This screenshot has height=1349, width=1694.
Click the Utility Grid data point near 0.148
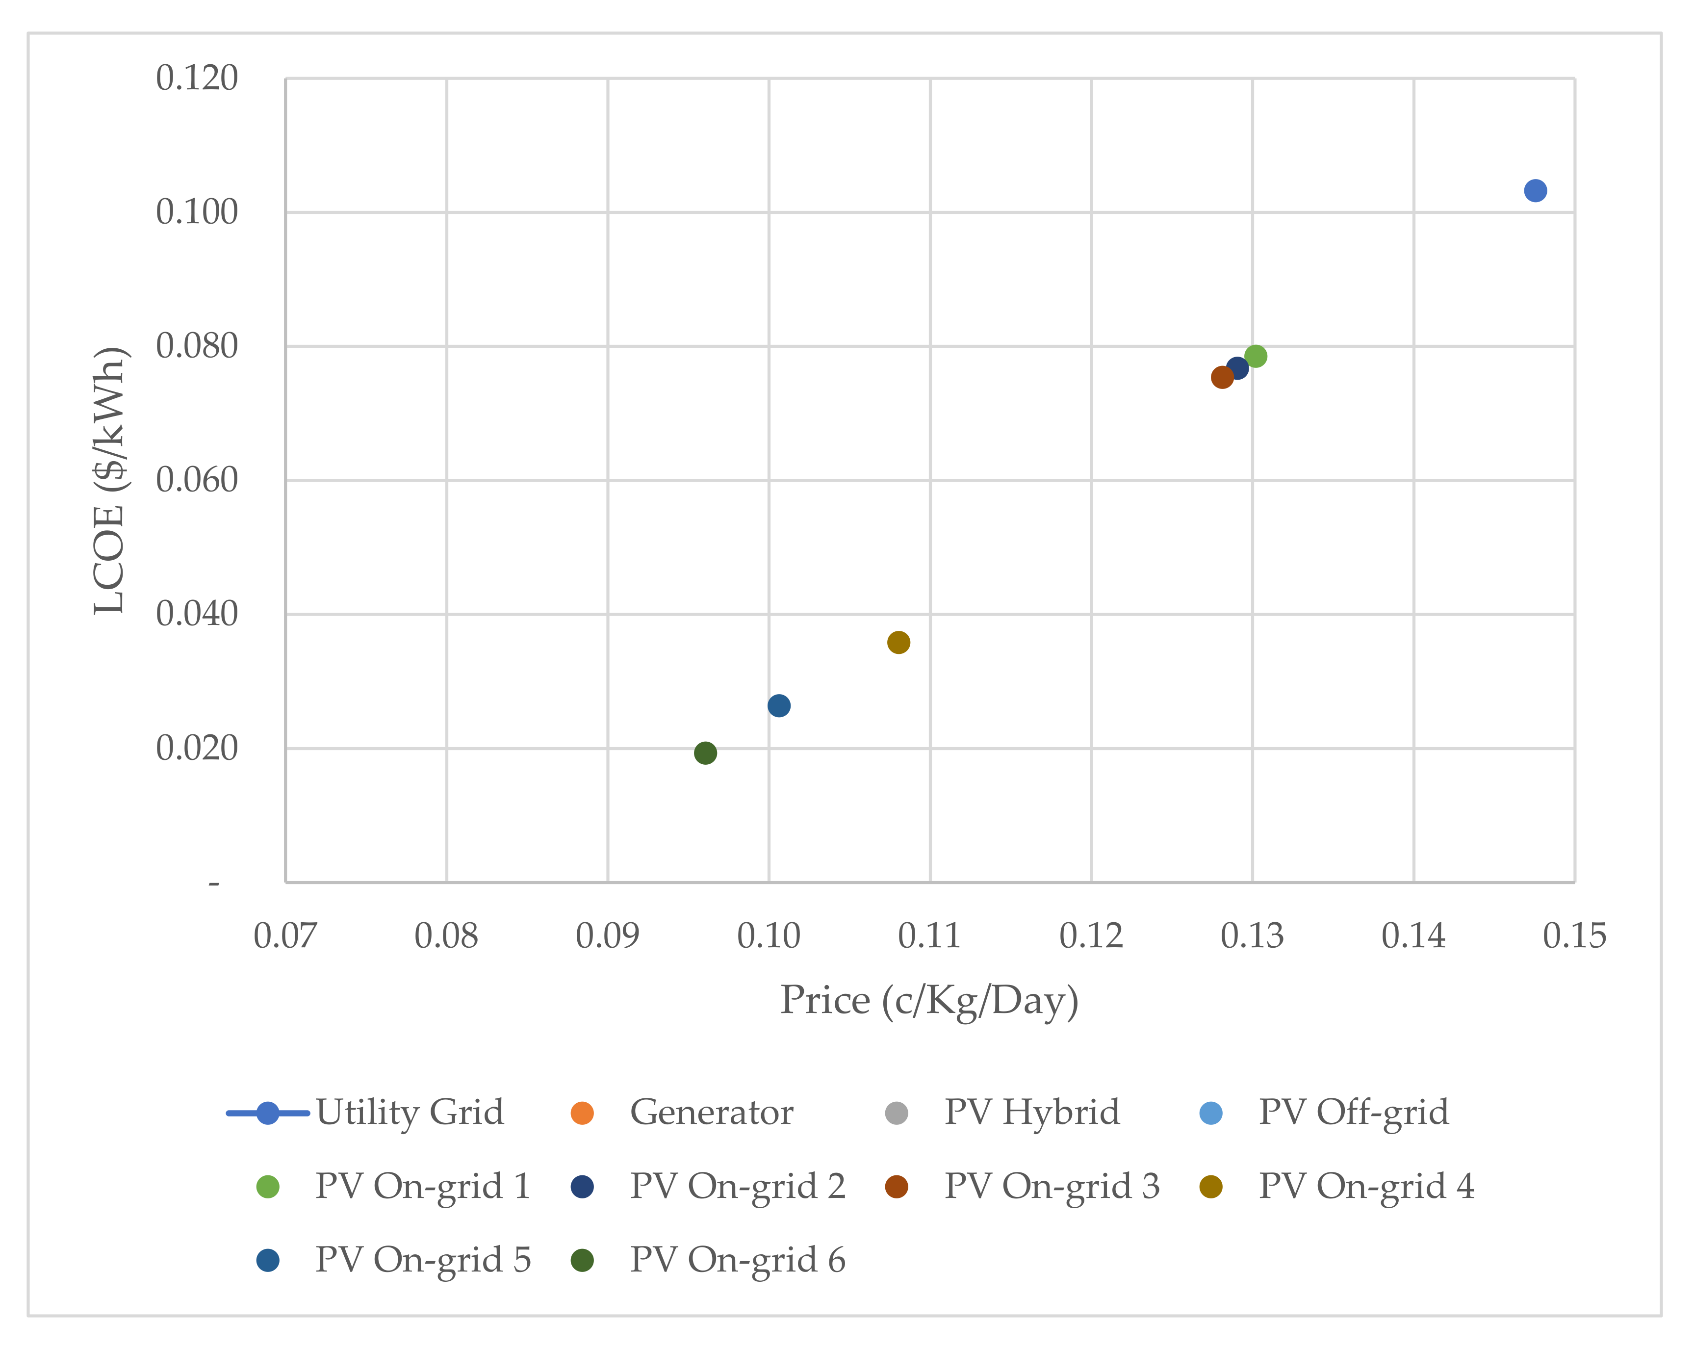(x=1535, y=191)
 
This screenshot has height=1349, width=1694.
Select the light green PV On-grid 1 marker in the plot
(x=1256, y=356)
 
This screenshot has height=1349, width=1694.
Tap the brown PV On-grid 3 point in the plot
(x=1222, y=377)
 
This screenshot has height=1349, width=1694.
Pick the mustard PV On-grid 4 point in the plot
(x=898, y=642)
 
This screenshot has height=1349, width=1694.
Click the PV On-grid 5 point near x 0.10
(x=779, y=705)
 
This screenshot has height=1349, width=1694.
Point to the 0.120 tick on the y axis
(x=197, y=78)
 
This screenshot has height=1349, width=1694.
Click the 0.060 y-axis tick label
(x=197, y=480)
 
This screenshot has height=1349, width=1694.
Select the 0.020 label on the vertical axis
(x=197, y=748)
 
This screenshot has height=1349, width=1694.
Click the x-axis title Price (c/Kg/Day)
(x=929, y=1000)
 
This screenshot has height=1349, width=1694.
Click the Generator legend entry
(x=711, y=1113)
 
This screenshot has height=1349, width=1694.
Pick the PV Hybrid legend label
(x=1031, y=1113)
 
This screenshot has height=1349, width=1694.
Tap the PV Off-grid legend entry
(x=1353, y=1113)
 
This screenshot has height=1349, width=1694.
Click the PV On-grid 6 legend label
(x=737, y=1260)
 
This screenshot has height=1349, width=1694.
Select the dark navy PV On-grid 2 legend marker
(x=582, y=1186)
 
